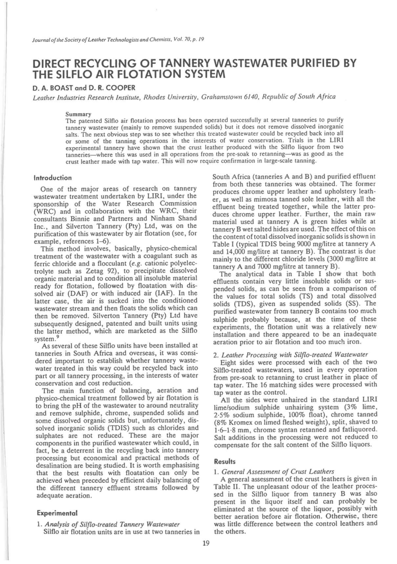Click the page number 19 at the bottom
pos(206,543)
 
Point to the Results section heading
pos(225,461)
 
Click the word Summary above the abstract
pos(78,114)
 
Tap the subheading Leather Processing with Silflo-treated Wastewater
pos(294,355)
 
